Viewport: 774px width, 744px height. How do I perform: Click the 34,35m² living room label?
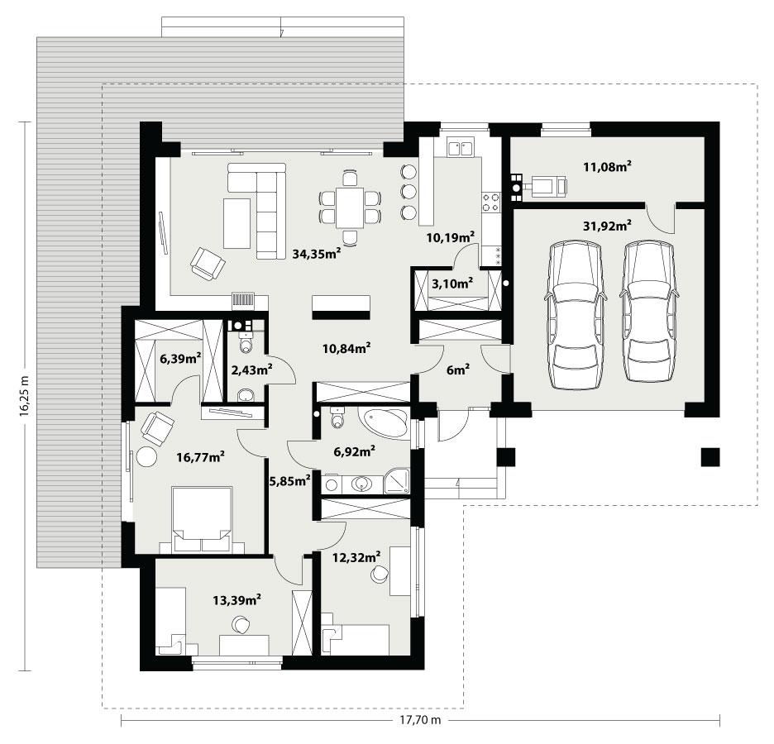point(317,255)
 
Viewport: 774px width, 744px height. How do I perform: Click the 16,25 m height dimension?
point(24,397)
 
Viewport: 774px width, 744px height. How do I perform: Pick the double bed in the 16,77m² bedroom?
point(202,518)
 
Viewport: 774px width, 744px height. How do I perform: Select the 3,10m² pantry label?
point(452,284)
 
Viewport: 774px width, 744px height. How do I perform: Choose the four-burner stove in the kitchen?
point(490,201)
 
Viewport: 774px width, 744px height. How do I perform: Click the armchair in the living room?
point(207,264)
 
